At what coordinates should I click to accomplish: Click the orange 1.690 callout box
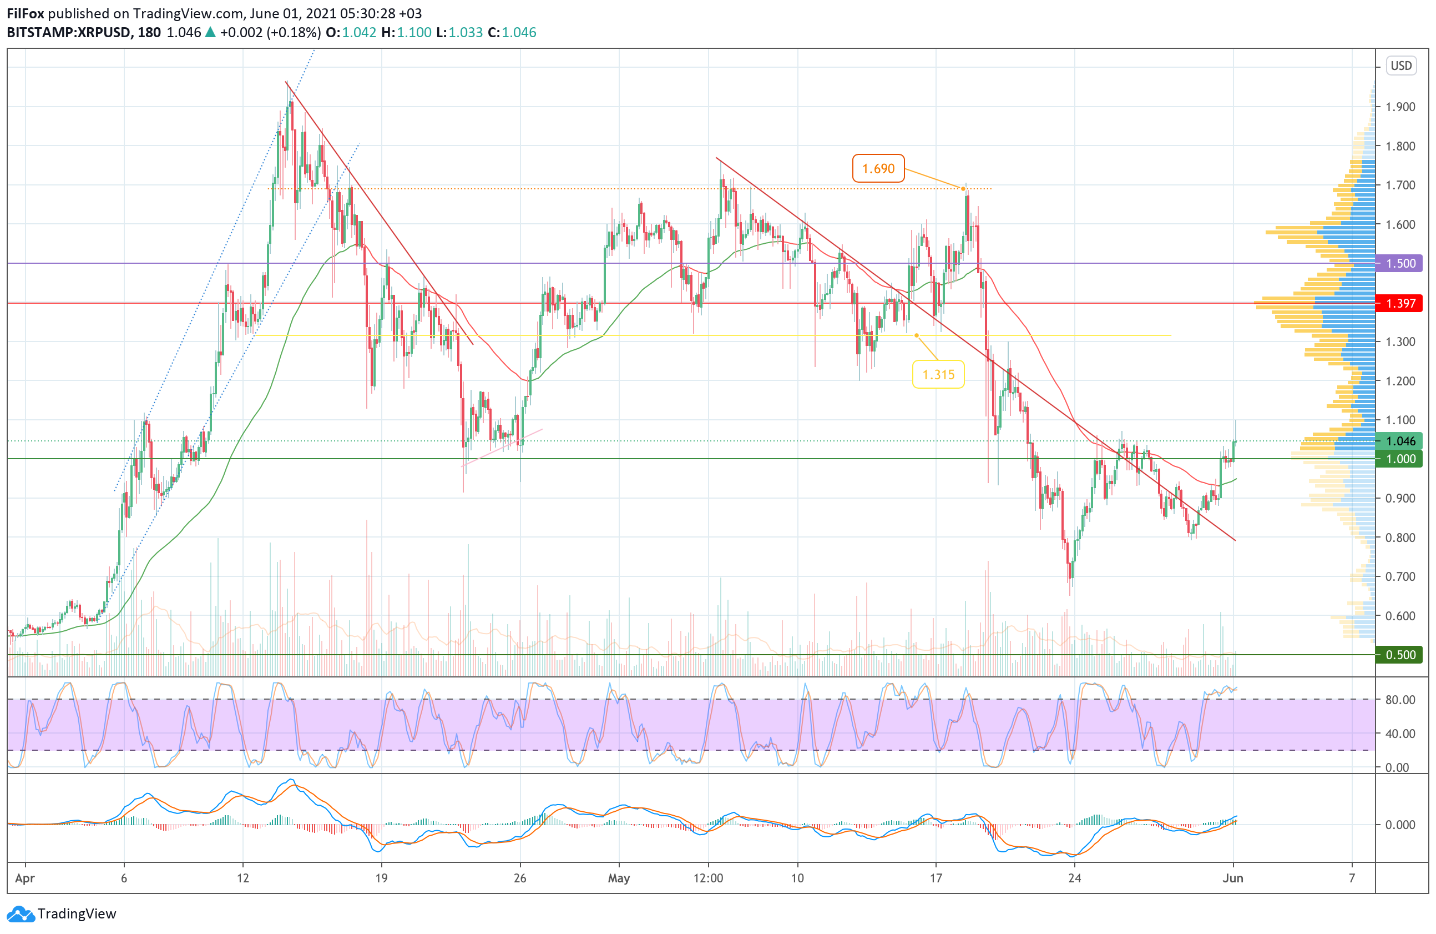877,168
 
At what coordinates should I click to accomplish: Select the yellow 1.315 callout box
938,374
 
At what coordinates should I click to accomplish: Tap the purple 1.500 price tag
1400,263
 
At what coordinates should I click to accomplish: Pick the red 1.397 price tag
1400,303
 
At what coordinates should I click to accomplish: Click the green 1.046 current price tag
1400,441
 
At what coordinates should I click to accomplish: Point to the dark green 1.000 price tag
1400,459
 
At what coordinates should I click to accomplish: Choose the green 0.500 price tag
1400,655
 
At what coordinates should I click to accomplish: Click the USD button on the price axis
1401,65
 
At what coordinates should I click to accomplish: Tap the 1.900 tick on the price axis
1400,107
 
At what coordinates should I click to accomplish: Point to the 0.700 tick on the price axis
1400,576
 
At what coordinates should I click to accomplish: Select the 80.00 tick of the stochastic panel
1400,700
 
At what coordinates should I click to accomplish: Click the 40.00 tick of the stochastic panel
1400,734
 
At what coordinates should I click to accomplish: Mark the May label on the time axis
619,878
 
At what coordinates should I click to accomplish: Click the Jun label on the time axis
1233,878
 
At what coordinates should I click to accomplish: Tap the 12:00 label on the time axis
708,878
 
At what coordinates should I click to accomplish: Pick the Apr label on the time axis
25,878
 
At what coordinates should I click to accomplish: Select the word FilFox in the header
26,13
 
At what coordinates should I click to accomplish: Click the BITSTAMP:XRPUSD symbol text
69,33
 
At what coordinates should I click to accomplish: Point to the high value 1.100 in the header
414,33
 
